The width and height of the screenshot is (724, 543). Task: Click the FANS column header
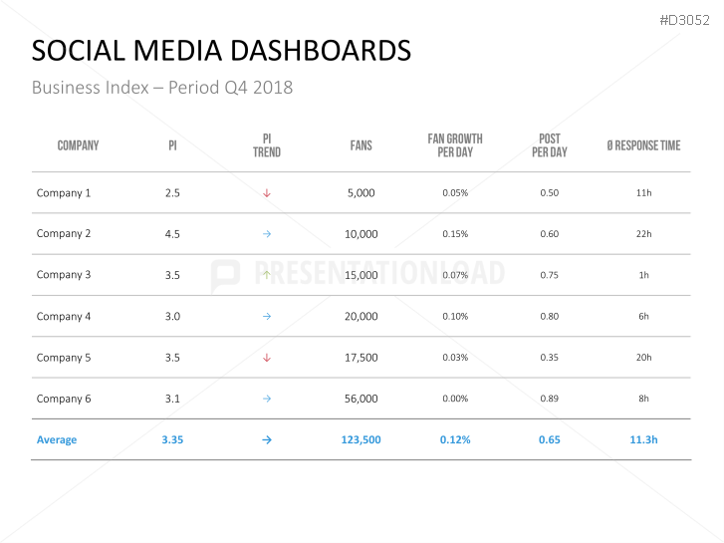[x=361, y=145]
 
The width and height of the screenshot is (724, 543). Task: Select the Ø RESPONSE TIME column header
[x=643, y=145]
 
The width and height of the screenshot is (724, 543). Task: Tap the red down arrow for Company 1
[x=267, y=193]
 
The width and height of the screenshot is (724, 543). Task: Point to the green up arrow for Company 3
[x=267, y=274]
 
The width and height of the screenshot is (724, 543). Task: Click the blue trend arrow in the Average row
[x=267, y=439]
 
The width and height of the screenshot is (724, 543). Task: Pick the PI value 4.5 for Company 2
[x=172, y=234]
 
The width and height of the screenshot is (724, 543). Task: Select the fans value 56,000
[x=362, y=399]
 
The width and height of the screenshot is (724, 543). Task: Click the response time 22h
[x=643, y=234]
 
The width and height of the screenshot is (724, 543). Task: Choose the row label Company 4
[x=64, y=317]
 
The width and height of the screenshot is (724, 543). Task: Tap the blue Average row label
[x=57, y=439]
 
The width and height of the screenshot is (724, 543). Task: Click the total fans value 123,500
[x=362, y=439]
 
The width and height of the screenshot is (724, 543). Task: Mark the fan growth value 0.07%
[x=455, y=275]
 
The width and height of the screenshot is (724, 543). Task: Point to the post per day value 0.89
[x=549, y=399]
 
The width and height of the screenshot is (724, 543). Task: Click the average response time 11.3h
[x=643, y=439]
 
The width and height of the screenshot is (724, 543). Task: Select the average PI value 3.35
[x=172, y=439]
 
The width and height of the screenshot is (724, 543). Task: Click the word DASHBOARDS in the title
[x=311, y=51]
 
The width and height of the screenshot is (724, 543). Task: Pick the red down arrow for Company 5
[x=267, y=358]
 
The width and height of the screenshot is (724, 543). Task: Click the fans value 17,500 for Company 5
[x=362, y=358]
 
